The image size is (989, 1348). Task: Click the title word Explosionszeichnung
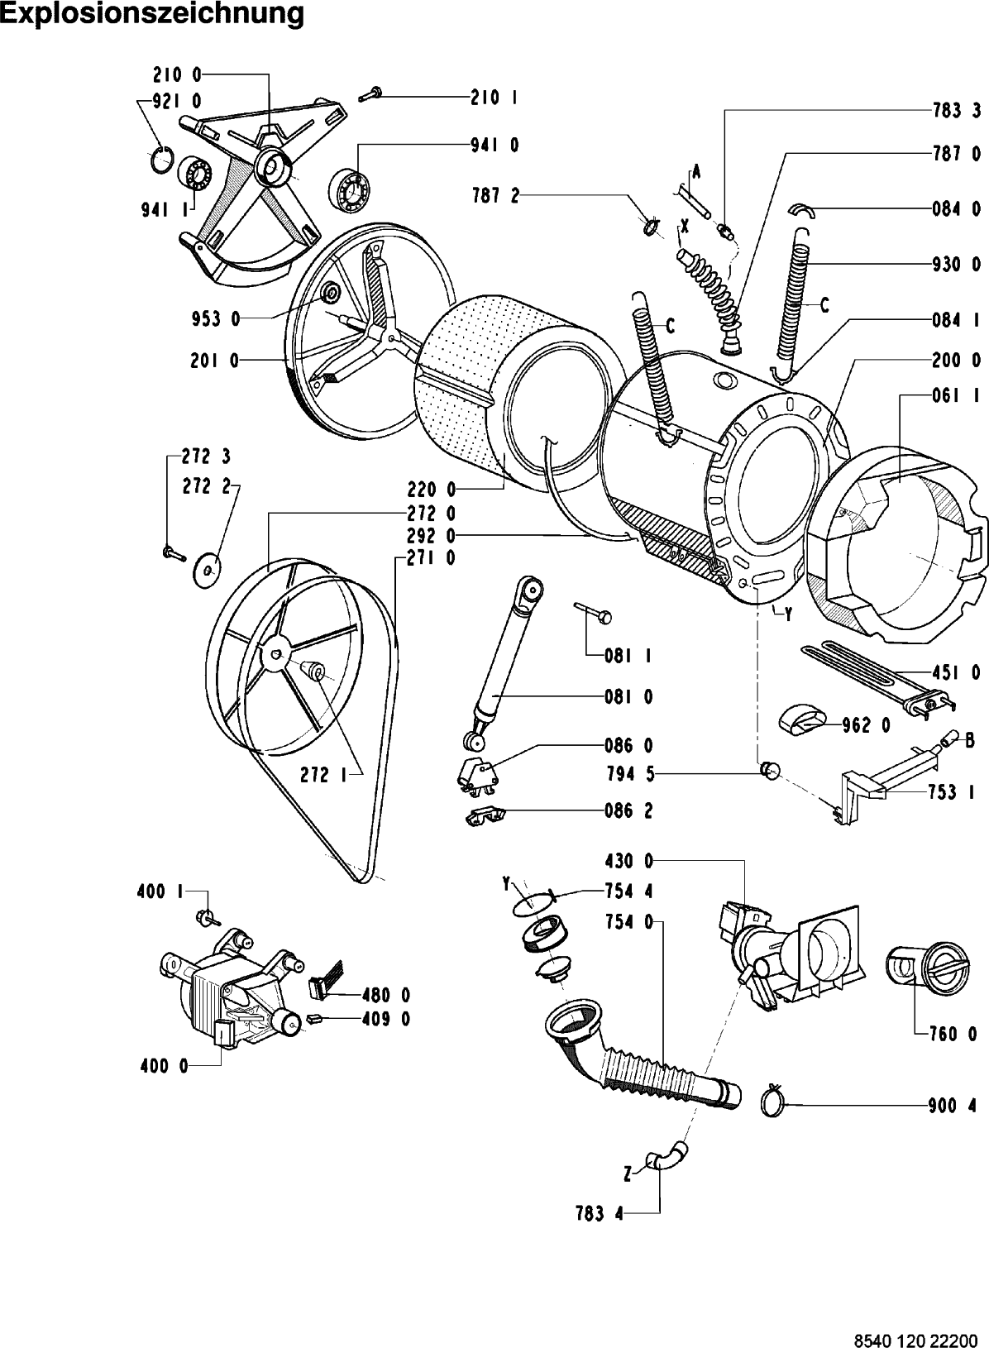click(151, 14)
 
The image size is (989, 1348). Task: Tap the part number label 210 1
click(494, 98)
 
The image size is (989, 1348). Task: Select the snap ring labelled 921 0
click(162, 162)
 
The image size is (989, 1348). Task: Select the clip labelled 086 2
click(485, 815)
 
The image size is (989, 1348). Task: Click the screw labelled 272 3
click(174, 552)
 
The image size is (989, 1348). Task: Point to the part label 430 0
click(628, 861)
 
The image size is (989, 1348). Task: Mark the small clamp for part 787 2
click(650, 227)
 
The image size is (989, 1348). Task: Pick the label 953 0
click(216, 319)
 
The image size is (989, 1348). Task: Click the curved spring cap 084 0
click(800, 209)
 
